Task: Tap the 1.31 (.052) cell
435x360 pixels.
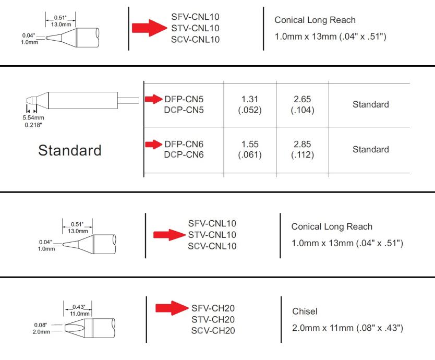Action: pos(250,104)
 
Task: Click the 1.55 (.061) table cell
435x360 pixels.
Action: pos(250,149)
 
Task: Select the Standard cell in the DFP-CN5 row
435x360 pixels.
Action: pos(370,104)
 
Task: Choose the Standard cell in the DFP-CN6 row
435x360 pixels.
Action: pos(370,150)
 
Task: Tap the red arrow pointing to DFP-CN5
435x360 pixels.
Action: pos(153,99)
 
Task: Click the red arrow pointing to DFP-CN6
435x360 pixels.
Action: pos(153,144)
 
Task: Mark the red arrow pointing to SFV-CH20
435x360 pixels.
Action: pos(173,308)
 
